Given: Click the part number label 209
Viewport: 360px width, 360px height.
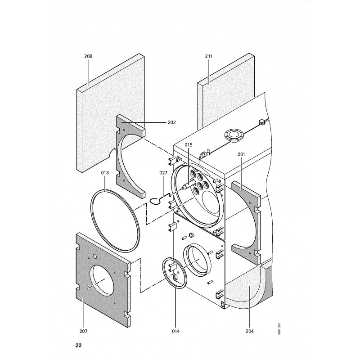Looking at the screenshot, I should tap(88, 56).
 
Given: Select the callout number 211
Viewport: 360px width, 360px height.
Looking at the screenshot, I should tap(208, 56).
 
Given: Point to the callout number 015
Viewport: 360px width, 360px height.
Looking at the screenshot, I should tap(188, 145).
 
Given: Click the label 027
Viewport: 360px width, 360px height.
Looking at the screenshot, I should tap(163, 173).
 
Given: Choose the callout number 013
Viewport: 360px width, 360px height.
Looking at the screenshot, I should tap(105, 173).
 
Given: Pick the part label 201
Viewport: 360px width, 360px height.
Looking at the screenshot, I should tap(241, 154).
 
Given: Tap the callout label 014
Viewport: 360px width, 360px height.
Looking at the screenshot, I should tap(175, 331).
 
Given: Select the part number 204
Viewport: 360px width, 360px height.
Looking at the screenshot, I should tap(250, 331).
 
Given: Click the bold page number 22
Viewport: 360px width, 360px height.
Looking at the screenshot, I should tap(78, 346).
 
